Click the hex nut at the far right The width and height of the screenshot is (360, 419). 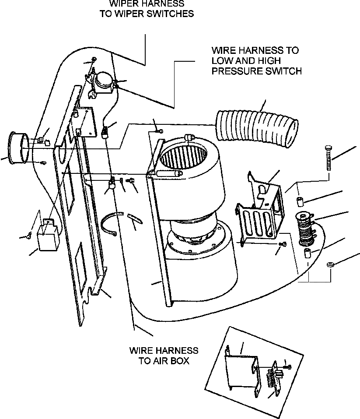coord(331,265)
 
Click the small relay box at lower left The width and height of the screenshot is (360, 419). coord(47,236)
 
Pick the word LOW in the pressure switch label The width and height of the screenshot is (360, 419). coord(221,60)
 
